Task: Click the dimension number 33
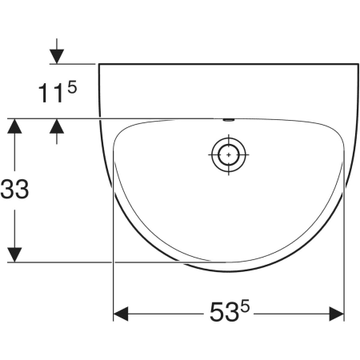coord(14,189)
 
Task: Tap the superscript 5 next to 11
coord(72,87)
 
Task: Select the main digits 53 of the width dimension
coord(224,312)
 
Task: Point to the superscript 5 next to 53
coord(245,306)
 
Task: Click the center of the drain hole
coord(229,154)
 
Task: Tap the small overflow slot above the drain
coord(229,120)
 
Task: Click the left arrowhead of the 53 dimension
coord(121,314)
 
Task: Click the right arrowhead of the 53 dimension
coord(337,314)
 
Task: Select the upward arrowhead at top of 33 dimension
coord(14,126)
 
